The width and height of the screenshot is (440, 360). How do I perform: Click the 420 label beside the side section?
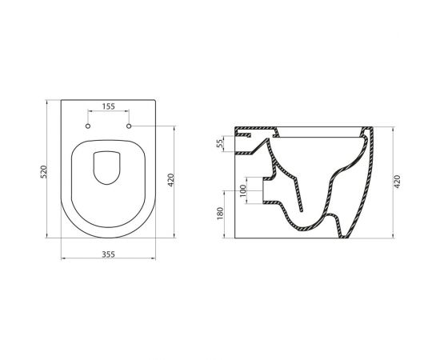[x=398, y=182]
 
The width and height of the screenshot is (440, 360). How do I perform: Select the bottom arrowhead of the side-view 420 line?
[x=392, y=238]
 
